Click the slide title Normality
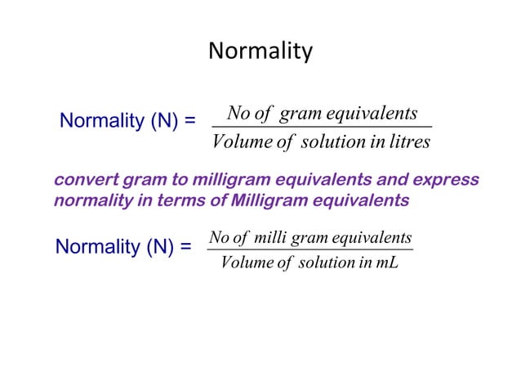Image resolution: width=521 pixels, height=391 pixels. point(260,52)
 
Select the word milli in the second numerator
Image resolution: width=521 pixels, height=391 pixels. point(270,238)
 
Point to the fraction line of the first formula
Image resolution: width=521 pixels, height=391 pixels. point(321,127)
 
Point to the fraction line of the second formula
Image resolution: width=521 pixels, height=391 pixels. point(310,250)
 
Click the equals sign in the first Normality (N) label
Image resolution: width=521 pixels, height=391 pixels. point(189,122)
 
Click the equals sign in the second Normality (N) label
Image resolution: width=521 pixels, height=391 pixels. point(185,246)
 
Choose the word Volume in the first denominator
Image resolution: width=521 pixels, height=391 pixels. point(236,142)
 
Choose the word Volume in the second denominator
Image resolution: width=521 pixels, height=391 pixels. point(244,263)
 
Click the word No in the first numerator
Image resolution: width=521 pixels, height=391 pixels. point(238,113)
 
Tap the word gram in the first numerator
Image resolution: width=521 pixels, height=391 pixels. point(299,113)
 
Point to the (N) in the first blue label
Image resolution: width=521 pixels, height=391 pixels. point(164,122)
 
